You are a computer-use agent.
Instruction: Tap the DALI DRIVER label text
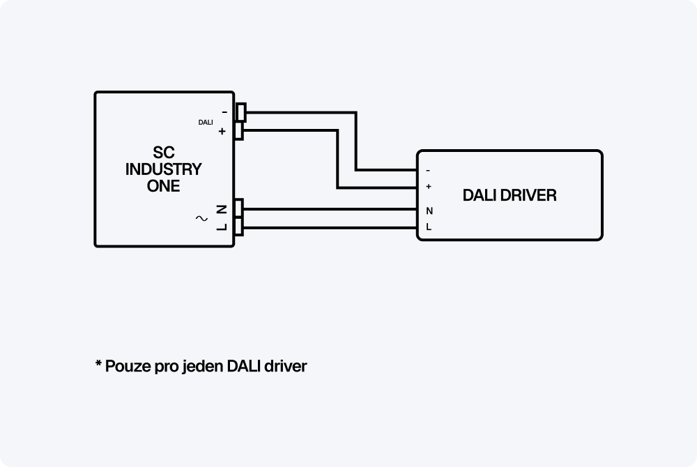point(510,196)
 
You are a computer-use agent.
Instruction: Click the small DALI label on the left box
point(206,123)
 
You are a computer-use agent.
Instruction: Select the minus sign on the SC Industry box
point(224,112)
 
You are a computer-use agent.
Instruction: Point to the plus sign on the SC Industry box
point(222,132)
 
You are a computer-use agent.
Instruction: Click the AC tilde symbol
point(201,218)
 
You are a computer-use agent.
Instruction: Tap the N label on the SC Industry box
point(221,208)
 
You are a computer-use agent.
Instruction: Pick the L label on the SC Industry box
point(221,227)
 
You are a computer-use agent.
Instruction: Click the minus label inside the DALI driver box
point(428,170)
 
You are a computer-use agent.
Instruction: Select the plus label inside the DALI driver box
point(428,187)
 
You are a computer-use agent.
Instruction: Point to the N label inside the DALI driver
point(428,210)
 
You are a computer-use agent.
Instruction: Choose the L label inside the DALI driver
point(428,227)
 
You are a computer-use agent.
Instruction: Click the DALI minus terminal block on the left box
point(240,112)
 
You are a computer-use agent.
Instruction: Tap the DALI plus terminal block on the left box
point(239,131)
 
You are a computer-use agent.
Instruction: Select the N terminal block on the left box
point(239,208)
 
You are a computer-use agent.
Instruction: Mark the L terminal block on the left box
point(239,227)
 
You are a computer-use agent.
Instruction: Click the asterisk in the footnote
point(98,364)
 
